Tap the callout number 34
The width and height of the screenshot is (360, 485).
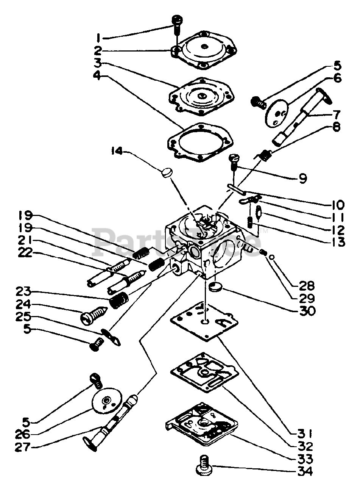305,471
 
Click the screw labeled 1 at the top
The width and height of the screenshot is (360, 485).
177,23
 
